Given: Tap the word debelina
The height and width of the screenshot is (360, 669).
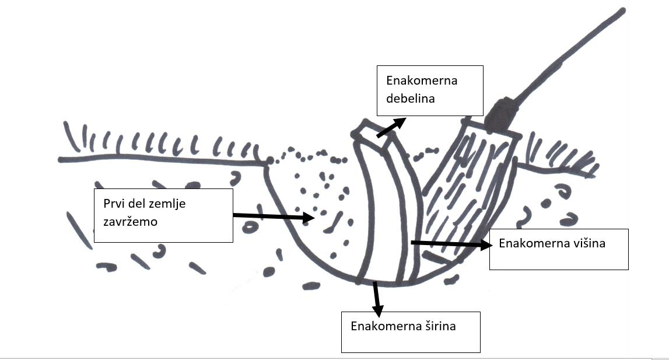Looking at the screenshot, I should point(410,99).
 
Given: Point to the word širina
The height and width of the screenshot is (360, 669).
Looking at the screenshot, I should point(437,326).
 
